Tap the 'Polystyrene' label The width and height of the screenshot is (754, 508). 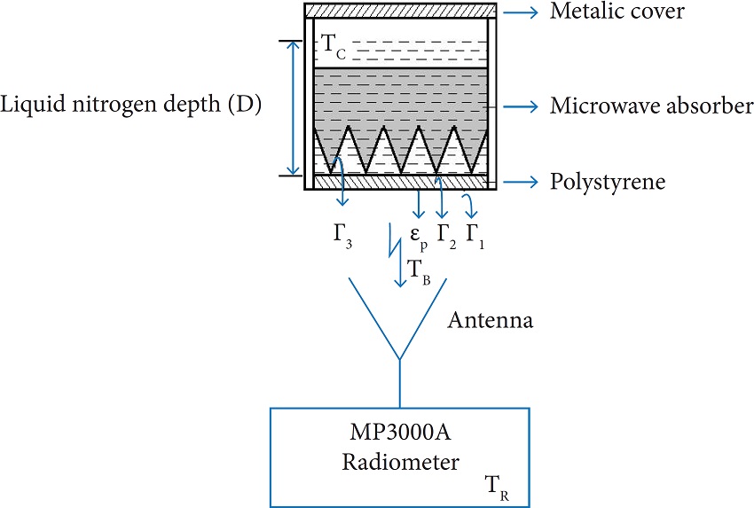tap(608, 183)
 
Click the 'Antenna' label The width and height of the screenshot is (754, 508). tap(491, 320)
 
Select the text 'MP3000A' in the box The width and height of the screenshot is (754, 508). tap(398, 436)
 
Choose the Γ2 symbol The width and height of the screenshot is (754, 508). tap(446, 239)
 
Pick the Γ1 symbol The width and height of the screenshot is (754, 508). tap(475, 239)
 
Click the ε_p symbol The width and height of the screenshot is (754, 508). tap(418, 239)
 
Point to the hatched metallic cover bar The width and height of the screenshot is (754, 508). tap(399, 11)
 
